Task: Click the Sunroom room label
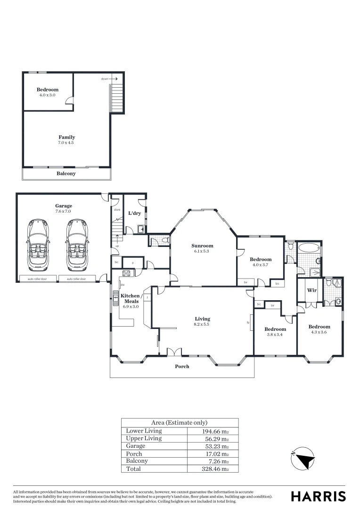coord(202,246)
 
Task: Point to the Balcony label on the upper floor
coord(66,173)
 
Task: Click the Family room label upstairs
coord(66,138)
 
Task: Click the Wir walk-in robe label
coord(311,290)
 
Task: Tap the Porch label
coord(182,366)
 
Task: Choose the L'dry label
coord(135,213)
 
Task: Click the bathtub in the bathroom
coord(310,248)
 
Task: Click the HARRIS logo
coord(318,496)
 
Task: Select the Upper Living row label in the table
coord(144,438)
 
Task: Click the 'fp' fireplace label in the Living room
coord(248,323)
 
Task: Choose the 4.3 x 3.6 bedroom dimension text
coord(319,333)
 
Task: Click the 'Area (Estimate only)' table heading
coord(179,423)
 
